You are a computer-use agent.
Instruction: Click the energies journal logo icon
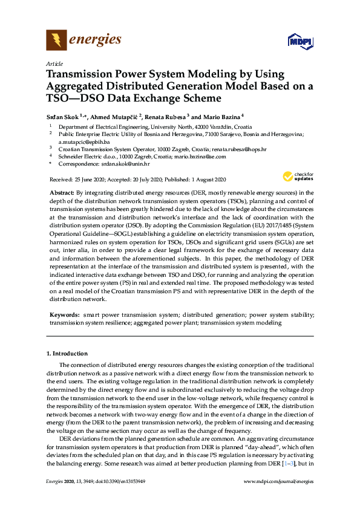[56, 41]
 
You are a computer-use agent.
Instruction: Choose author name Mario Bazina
[223, 116]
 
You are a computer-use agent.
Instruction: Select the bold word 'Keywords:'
[64, 315]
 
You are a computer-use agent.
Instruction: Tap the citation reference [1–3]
[290, 462]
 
